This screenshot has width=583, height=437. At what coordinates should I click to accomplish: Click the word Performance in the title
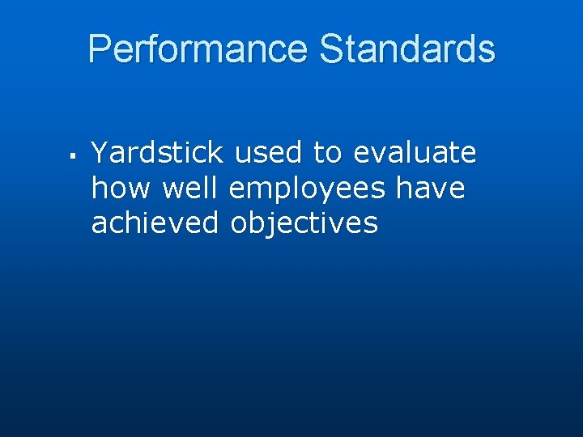coord(198,49)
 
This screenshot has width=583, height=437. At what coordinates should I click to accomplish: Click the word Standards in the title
coord(407,49)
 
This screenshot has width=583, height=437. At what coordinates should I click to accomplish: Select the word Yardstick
coord(157,152)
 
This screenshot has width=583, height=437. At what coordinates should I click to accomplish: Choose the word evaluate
coord(415,152)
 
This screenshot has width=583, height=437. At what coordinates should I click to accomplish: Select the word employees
coord(307,189)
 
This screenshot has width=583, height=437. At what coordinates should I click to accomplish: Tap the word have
coord(430,188)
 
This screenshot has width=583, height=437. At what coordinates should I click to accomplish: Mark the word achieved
coord(155,223)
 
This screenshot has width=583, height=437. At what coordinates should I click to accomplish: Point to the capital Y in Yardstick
coord(100,151)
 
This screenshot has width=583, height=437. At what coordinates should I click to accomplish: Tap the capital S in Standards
coord(332,49)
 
